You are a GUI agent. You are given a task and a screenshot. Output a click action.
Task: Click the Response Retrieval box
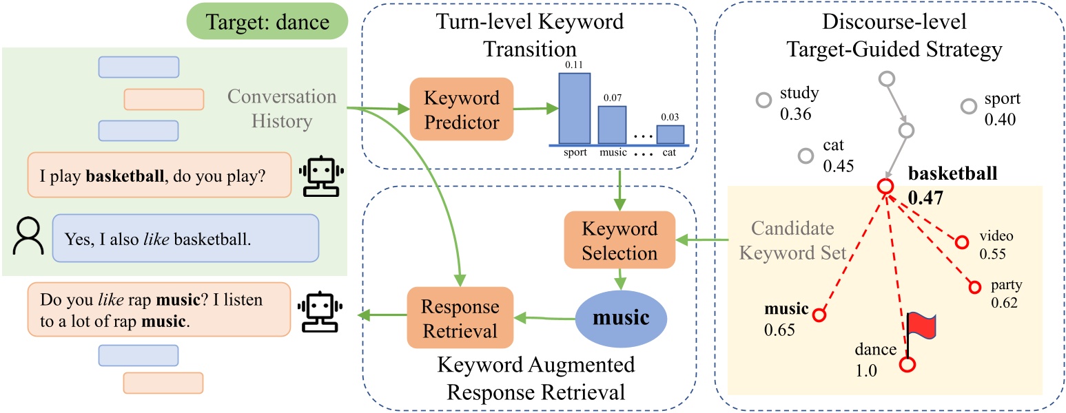pyautogui.click(x=461, y=319)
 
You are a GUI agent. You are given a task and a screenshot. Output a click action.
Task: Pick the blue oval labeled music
pyautogui.click(x=622, y=319)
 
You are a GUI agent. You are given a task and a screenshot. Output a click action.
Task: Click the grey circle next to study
pyautogui.click(x=762, y=100)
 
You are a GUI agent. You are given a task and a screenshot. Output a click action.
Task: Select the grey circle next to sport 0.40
pyautogui.click(x=968, y=106)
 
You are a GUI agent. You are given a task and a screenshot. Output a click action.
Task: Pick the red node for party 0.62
pyautogui.click(x=974, y=286)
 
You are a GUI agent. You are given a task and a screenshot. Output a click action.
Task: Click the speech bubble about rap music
pyautogui.click(x=155, y=309)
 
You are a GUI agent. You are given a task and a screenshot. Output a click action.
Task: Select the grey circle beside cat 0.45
pyautogui.click(x=805, y=156)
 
